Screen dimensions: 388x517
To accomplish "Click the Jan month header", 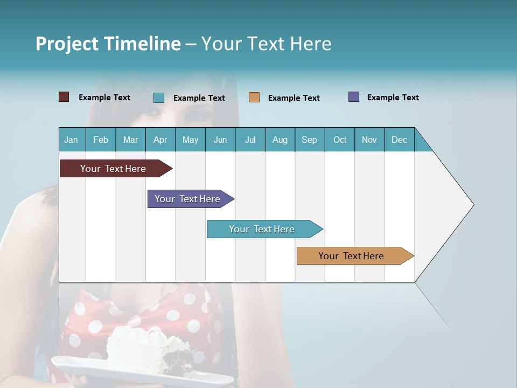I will (71, 140).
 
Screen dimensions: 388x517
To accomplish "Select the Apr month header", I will (160, 140).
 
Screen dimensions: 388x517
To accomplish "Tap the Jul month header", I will (250, 140).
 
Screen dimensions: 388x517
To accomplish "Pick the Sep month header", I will (309, 140).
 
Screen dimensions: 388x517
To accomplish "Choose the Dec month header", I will (399, 140).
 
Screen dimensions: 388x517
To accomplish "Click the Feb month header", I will (101, 140).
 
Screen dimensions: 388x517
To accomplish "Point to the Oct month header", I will (340, 140).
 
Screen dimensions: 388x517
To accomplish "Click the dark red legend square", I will (64, 97).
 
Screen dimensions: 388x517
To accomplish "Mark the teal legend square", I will (158, 98).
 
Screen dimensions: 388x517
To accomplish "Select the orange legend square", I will (254, 98).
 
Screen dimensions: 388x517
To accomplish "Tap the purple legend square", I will (354, 97).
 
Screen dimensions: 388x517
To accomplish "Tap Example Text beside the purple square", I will (393, 98).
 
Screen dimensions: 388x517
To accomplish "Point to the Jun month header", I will (220, 140).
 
